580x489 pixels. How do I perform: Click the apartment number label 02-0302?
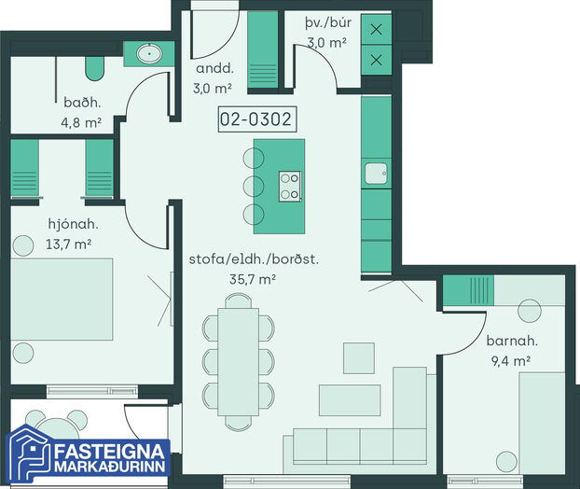(257, 119)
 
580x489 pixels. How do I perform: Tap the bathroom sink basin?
(149, 54)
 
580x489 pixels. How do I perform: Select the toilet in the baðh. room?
(95, 68)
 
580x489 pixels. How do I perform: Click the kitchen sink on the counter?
(376, 174)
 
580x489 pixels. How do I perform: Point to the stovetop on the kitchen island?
(290, 187)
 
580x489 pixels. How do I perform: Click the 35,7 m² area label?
(253, 279)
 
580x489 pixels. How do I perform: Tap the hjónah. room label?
(74, 224)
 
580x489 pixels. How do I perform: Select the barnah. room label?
(512, 341)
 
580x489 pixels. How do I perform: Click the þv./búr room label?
(328, 23)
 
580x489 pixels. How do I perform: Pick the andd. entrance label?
(214, 68)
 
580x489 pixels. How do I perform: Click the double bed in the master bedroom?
(62, 300)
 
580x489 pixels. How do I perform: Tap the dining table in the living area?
(238, 362)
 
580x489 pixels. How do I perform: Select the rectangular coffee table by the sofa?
(350, 400)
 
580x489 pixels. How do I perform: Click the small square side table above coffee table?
(359, 358)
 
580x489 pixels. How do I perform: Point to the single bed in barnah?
(542, 423)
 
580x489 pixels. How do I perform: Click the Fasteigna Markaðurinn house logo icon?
(30, 455)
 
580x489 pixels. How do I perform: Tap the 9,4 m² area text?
(511, 360)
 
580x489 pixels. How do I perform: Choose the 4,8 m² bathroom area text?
(81, 122)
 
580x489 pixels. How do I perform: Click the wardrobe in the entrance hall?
(263, 49)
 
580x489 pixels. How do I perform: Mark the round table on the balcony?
(57, 429)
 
